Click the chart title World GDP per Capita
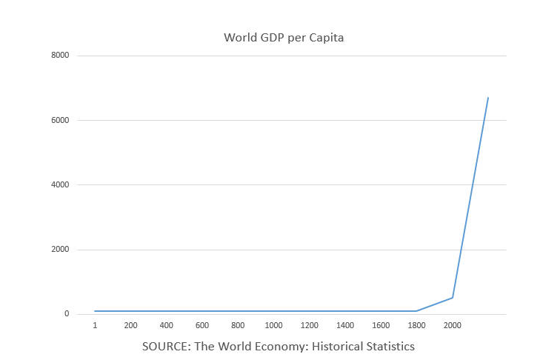tap(284, 38)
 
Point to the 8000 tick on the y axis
tap(61, 56)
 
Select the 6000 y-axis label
tap(61, 120)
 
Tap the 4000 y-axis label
tap(61, 184)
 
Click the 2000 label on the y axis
tap(61, 250)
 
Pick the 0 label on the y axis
tap(67, 314)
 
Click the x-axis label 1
tap(95, 325)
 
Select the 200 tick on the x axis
tap(130, 325)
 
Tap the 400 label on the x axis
tap(167, 325)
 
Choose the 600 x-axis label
tap(202, 325)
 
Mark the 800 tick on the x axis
tap(238, 325)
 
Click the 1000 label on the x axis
tap(273, 325)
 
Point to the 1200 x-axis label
tap(310, 325)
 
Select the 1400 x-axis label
tap(345, 325)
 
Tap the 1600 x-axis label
tap(381, 325)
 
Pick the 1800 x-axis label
tap(416, 325)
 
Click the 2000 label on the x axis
tap(453, 325)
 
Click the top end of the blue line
tap(488, 98)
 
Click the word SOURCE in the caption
tap(165, 346)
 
